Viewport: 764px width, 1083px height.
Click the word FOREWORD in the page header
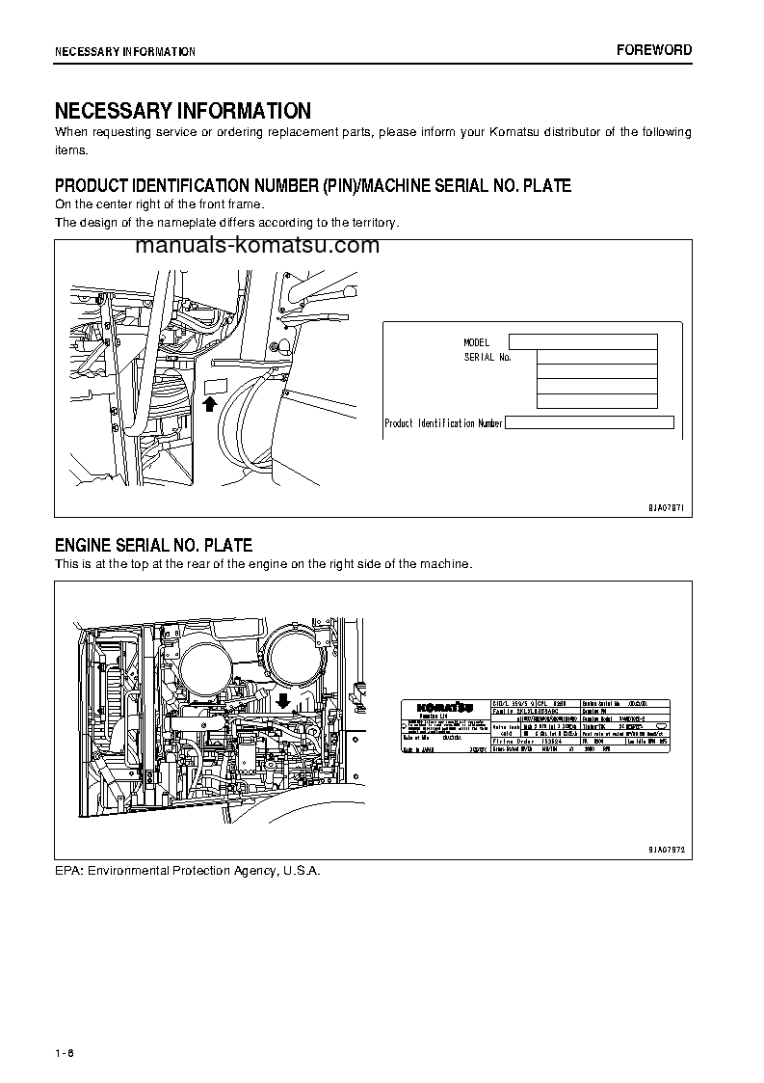coord(654,50)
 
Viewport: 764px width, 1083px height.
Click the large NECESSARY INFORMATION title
coord(182,111)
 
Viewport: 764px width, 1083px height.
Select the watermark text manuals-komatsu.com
coord(257,246)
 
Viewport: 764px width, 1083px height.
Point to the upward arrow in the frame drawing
coord(210,404)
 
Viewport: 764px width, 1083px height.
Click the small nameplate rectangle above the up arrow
coord(214,387)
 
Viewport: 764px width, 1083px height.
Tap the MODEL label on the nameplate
coord(476,342)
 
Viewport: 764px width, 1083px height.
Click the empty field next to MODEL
coord(582,341)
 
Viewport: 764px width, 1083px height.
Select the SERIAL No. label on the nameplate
coord(487,357)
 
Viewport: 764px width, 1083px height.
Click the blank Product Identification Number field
coord(589,422)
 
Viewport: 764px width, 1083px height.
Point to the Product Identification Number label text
coord(443,423)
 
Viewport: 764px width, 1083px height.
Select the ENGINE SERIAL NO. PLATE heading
coord(153,546)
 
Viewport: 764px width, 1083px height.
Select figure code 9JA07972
coord(665,849)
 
